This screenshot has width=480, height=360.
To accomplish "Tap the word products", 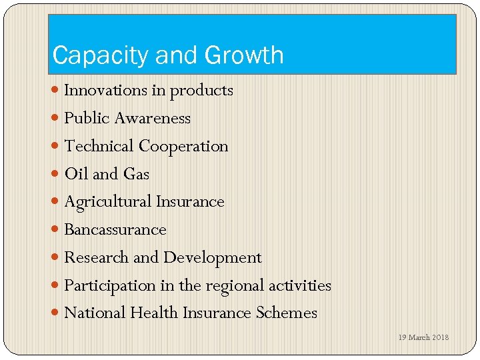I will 201,91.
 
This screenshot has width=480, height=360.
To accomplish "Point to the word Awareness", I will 152,118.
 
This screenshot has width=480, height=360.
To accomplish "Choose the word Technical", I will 99,146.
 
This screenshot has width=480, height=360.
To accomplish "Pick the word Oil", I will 77,174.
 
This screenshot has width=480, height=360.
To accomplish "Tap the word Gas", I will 136,174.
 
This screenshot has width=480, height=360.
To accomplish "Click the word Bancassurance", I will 115,230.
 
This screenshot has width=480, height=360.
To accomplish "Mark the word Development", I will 212,258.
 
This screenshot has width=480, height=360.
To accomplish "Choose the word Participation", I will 109,286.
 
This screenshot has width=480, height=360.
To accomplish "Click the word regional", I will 234,286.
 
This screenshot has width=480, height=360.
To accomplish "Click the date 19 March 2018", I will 423,337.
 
